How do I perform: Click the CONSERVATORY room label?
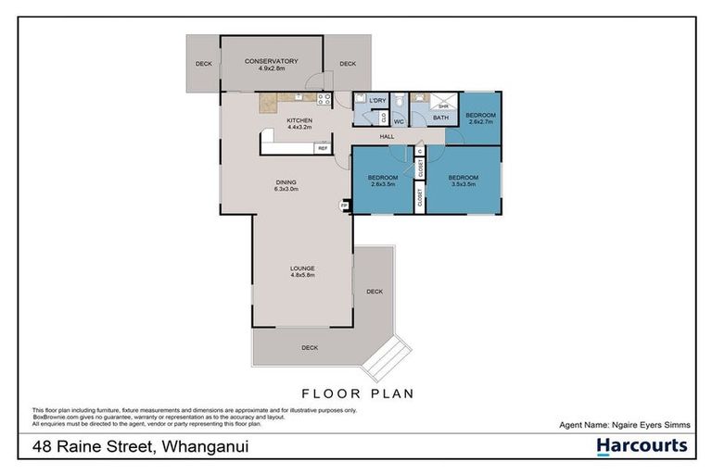[271, 61]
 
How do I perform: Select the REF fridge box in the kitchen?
[323, 148]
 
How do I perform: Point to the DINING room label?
[285, 181]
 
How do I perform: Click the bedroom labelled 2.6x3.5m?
[383, 179]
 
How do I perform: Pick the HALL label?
[387, 137]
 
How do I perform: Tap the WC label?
[399, 120]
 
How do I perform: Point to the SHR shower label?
[443, 106]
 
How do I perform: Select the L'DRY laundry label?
[376, 100]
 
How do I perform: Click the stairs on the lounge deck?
[383, 357]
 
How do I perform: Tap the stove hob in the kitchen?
[324, 98]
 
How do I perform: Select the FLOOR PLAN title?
[356, 393]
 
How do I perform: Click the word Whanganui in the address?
[206, 447]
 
